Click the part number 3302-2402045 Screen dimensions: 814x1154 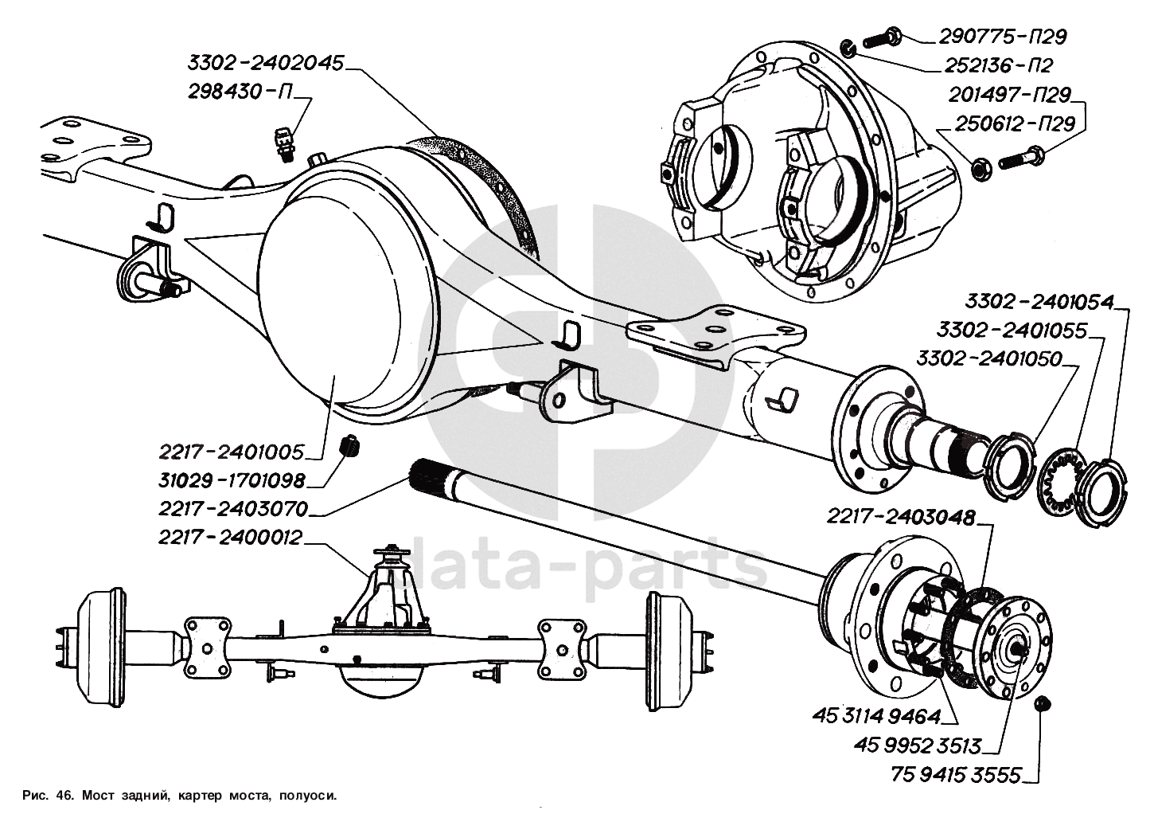(x=266, y=63)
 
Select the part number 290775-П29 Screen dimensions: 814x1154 (x=1002, y=37)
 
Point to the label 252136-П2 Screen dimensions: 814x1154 (x=998, y=65)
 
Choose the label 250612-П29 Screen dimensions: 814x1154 (x=1007, y=124)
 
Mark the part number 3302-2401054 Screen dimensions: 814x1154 (x=1039, y=302)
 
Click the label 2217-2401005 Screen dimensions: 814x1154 (x=232, y=453)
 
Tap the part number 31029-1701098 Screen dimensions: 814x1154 (x=232, y=481)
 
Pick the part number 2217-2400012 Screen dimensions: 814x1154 (x=230, y=538)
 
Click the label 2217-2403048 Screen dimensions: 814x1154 (x=900, y=518)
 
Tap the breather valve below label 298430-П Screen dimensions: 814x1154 (x=283, y=140)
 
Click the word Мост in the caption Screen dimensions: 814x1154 (x=103, y=795)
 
